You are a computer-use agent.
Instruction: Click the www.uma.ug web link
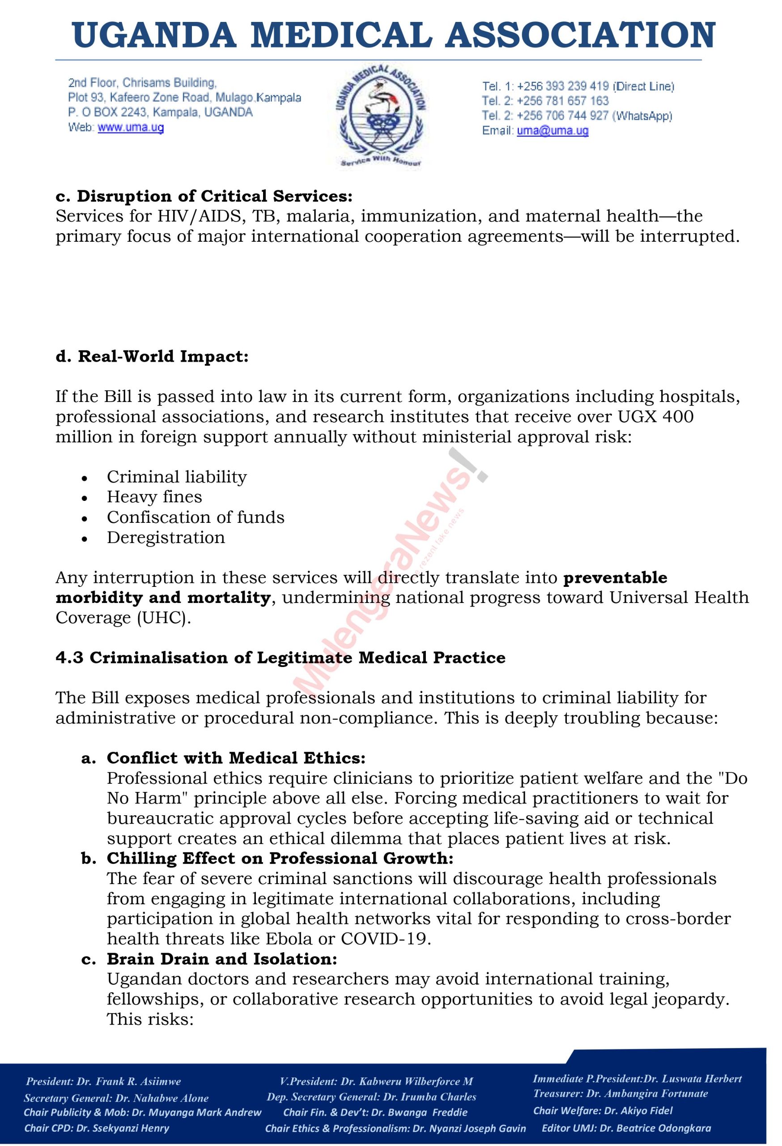coord(131,128)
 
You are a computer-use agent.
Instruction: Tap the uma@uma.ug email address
coord(552,131)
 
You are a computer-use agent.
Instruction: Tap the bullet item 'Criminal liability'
coord(176,477)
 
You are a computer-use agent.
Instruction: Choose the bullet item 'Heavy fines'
coord(154,497)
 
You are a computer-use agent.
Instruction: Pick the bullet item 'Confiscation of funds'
coord(195,517)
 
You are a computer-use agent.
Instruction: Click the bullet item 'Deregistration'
coord(166,538)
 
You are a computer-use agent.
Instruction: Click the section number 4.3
coord(69,658)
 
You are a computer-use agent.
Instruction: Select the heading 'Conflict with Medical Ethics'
coord(236,758)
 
